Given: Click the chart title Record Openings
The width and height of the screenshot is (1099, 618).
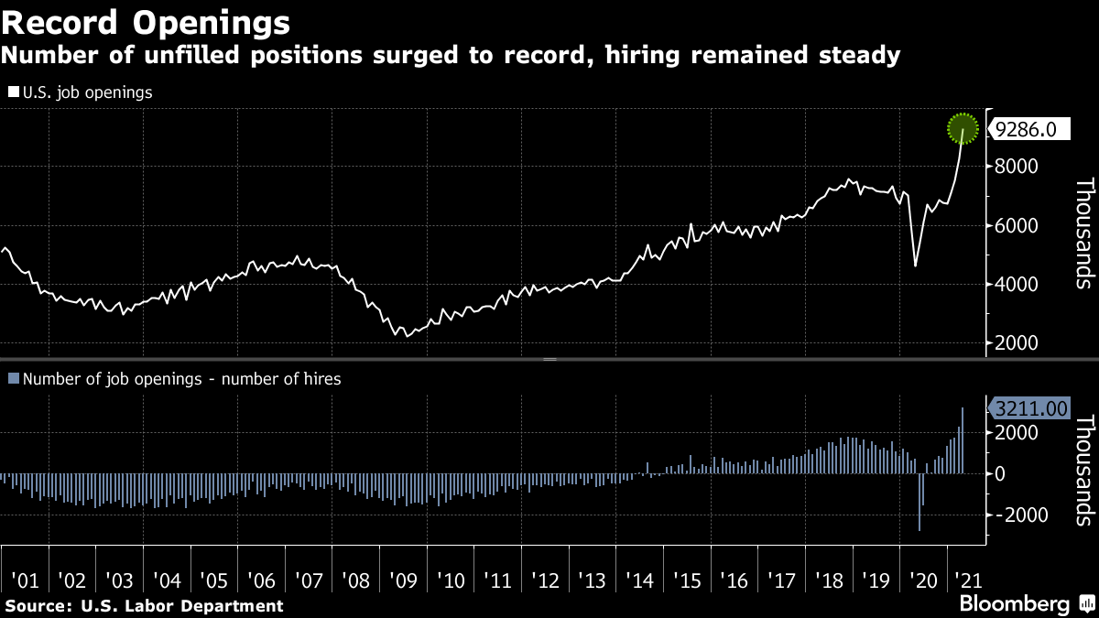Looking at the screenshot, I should point(147,21).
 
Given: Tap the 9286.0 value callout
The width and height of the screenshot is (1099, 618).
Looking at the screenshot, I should point(1026,130).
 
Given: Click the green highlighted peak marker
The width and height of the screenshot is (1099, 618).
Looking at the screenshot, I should point(963,129).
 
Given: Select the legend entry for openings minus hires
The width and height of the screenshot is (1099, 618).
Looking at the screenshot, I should point(174,378).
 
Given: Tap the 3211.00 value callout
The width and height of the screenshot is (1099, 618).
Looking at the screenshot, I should point(1030,408).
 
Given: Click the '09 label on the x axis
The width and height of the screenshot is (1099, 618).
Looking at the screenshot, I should point(403,580).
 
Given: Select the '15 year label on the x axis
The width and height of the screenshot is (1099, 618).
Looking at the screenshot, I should point(687,580).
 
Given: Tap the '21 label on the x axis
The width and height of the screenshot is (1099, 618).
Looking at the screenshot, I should point(967,580).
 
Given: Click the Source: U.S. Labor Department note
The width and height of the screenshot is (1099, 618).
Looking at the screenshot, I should point(144,605).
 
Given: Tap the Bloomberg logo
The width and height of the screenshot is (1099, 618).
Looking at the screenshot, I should point(1014,604).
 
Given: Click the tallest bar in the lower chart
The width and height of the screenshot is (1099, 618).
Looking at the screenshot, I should point(963,440).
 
